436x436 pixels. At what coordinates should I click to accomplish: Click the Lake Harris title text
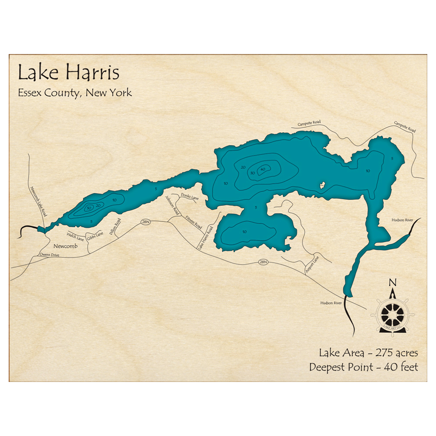pos(68,73)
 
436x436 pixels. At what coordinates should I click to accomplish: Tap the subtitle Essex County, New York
pos(75,93)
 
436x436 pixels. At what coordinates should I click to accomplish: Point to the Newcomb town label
pos(66,246)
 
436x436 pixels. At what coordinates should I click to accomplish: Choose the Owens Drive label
pos(49,255)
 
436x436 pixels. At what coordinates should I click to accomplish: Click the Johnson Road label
pos(172,205)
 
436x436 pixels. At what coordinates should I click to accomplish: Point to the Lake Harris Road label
pos(206,238)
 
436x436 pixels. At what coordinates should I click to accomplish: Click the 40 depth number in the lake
pos(262,169)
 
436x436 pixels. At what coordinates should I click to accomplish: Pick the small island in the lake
pos(322,185)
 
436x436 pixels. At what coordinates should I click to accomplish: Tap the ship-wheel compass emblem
pos(392,313)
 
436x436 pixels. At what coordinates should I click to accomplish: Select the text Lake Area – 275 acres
pos(368,352)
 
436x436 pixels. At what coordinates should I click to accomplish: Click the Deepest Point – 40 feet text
pos(364,367)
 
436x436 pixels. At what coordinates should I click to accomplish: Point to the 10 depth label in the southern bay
pos(245,231)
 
